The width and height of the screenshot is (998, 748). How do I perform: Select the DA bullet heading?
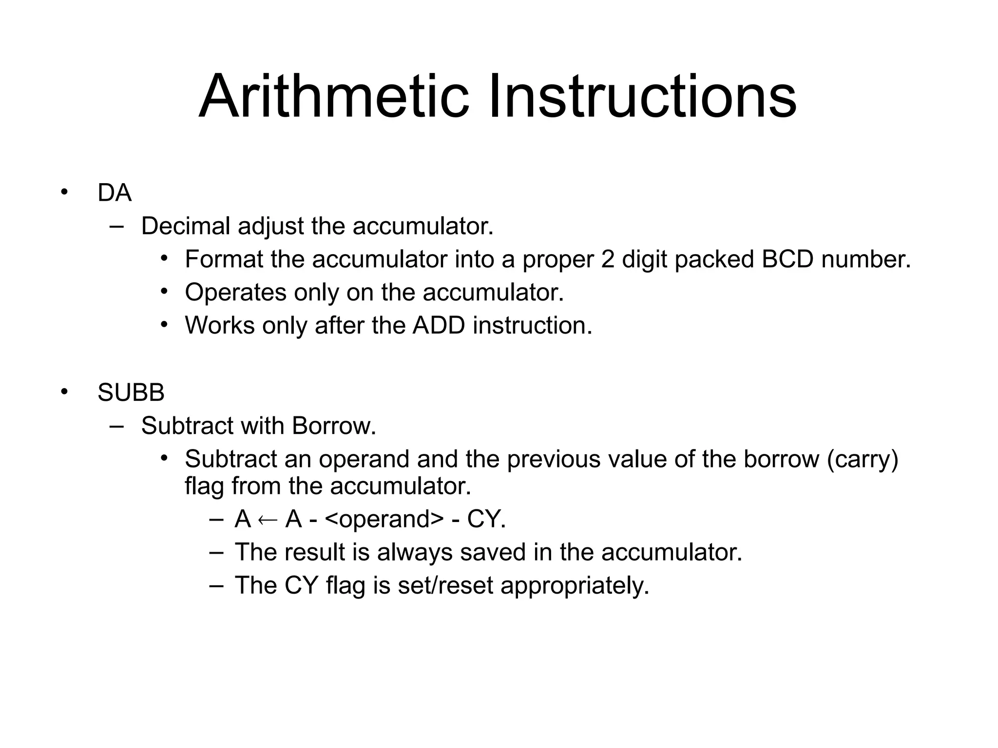(x=115, y=193)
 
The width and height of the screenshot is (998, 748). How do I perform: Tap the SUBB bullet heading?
(x=131, y=393)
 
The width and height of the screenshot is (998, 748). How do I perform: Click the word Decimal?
(x=186, y=226)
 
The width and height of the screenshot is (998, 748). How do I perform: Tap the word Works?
(x=219, y=325)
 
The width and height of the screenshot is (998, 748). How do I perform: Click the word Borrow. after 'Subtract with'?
(x=334, y=426)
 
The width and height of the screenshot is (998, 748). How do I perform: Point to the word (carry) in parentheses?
(x=863, y=459)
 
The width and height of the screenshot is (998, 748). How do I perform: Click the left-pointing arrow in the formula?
(x=268, y=520)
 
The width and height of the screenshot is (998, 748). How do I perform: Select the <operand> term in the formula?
(x=384, y=519)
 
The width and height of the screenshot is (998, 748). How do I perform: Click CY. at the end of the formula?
(x=486, y=519)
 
